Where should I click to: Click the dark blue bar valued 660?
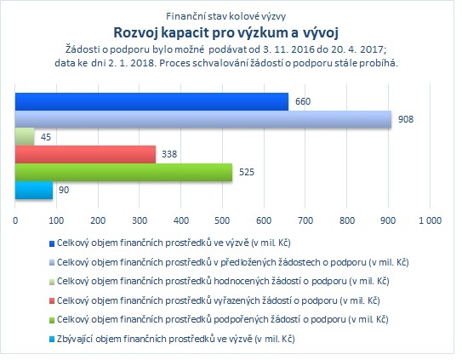coord(151,102)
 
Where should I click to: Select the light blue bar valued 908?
coord(203,119)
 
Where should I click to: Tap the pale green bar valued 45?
coord(25,137)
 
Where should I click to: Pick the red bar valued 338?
coord(85,154)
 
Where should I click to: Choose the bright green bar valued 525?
coord(123,172)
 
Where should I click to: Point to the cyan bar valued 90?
coord(34,190)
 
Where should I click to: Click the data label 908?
coord(406,119)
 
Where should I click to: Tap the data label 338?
coord(169,154)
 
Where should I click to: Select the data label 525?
coord(247,172)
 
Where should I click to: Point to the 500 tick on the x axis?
coord(223,220)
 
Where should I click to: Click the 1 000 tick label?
coord(431,220)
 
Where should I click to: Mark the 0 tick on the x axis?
coord(15,220)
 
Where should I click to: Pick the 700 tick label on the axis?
coord(305,220)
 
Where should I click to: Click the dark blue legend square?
coord(52,244)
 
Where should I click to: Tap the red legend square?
coord(52,301)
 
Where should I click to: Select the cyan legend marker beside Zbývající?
coord(52,340)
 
